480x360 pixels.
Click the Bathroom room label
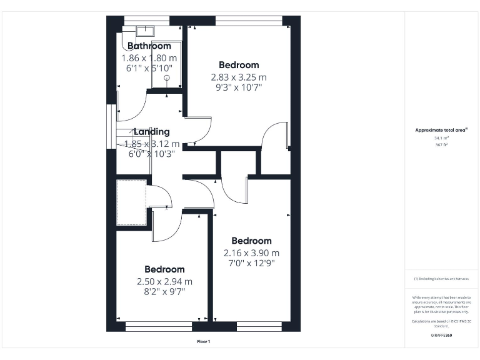point(149,46)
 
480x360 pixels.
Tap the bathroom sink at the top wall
point(145,29)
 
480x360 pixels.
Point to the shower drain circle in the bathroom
point(167,78)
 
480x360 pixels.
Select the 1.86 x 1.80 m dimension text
point(149,57)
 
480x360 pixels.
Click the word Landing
point(151,132)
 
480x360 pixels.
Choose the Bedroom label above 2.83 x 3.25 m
point(238,65)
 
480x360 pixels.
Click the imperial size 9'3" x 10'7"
point(238,87)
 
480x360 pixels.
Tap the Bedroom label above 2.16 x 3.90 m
point(251,241)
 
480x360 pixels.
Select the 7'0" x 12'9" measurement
point(251,263)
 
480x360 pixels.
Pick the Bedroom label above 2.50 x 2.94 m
point(164,269)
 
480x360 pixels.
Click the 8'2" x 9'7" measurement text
point(164,291)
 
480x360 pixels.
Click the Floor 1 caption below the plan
point(204,341)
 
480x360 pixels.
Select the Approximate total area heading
point(441,130)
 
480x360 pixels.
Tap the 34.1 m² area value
point(441,137)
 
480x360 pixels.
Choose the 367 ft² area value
point(441,144)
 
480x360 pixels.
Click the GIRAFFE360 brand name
point(441,336)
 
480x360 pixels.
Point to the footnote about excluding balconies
point(441,278)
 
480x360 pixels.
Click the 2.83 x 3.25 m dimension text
point(238,77)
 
